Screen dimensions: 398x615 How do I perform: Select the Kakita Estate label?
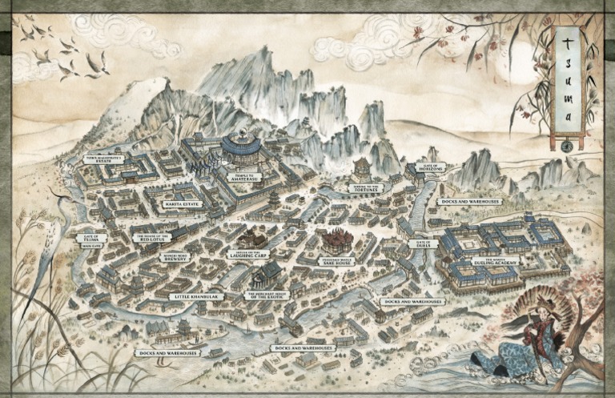tap(182, 204)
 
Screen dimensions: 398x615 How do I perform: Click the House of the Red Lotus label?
tap(150, 238)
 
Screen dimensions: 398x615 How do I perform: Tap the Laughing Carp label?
tap(247, 255)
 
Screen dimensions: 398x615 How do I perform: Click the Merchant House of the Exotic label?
tap(270, 295)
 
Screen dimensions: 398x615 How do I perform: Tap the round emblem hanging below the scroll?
tap(566, 146)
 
